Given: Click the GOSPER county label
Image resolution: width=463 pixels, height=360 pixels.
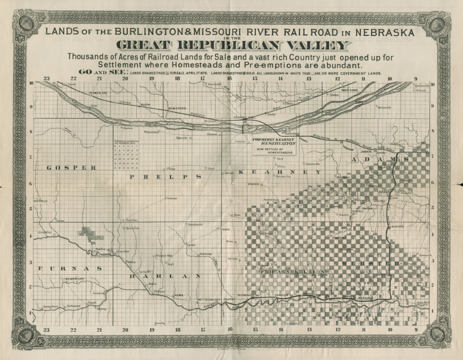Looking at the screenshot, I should point(72,168).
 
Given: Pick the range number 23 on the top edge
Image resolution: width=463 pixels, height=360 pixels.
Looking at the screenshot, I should point(46,78).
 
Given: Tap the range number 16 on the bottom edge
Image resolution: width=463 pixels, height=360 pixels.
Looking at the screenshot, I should point(229,329).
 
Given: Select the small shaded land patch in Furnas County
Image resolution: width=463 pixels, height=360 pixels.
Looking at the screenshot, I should point(88,232).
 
